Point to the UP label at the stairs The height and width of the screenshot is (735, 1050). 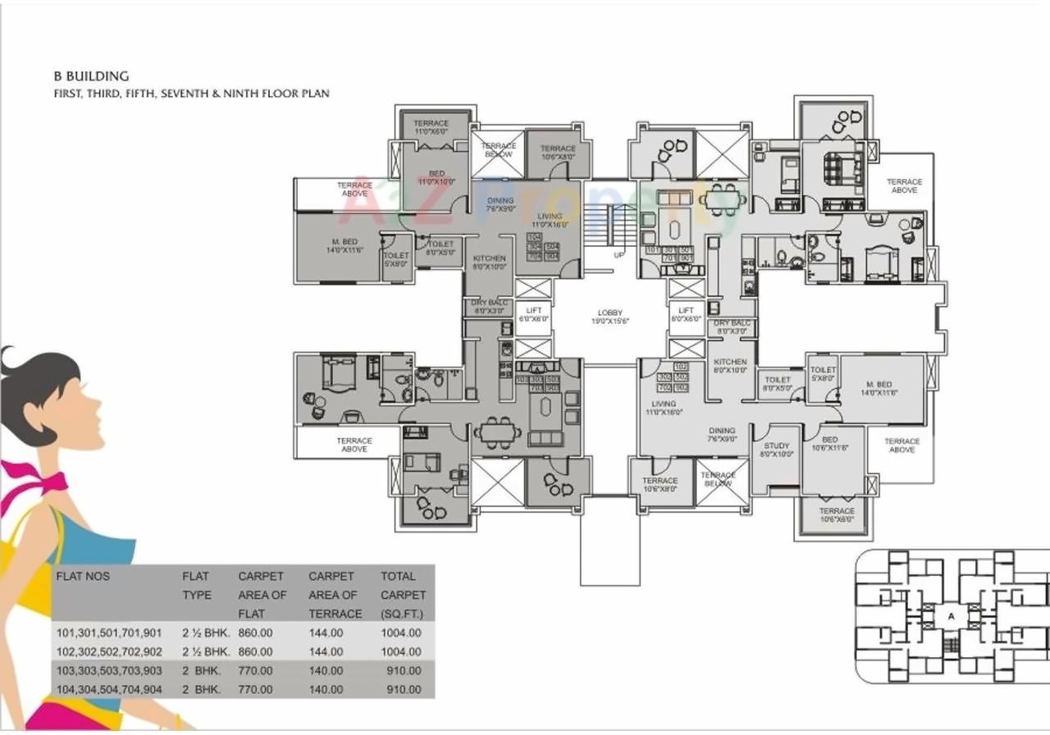619,255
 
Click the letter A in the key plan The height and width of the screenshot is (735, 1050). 951,615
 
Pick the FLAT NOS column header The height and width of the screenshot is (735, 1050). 82,576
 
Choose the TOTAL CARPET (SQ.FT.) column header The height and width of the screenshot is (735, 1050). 403,595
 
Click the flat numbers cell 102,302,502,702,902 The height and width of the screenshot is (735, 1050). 109,651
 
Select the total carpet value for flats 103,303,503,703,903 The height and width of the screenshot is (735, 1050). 400,670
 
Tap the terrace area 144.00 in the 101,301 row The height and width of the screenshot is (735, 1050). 326,632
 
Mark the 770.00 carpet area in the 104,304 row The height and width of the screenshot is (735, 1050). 255,689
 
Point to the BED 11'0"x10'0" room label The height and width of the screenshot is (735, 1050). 436,178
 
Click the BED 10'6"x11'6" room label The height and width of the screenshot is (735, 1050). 829,445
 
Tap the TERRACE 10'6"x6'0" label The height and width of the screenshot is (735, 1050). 836,515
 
